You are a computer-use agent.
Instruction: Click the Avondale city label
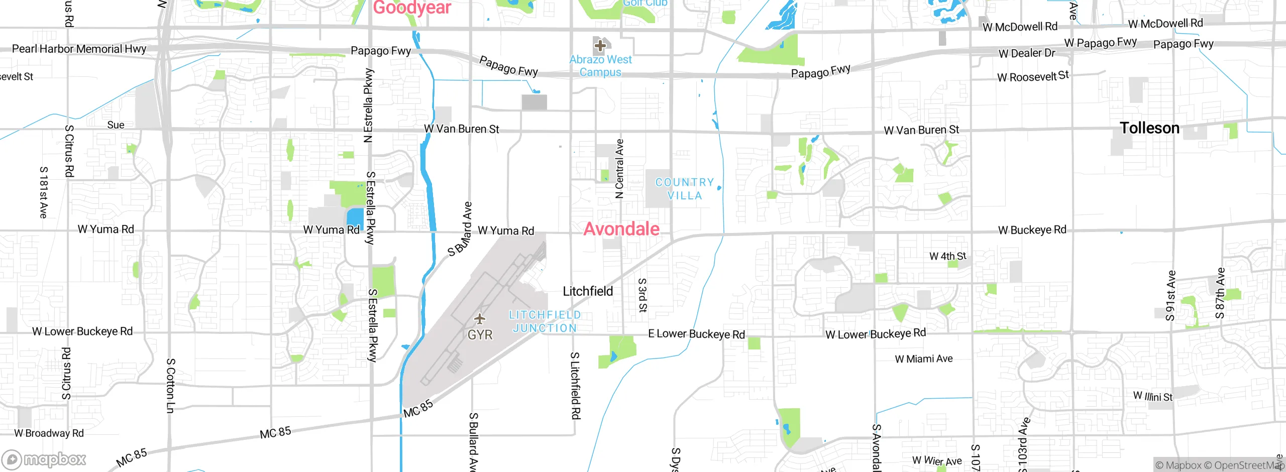click(x=621, y=229)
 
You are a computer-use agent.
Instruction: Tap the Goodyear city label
click(x=412, y=8)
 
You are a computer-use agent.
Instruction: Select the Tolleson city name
click(x=1149, y=128)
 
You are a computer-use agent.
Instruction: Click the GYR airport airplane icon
click(x=480, y=319)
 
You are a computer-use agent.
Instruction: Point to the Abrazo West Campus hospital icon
click(x=600, y=46)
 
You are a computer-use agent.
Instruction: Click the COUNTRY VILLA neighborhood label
click(x=685, y=189)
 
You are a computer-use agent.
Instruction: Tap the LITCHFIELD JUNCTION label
click(x=545, y=321)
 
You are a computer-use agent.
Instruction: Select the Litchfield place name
click(x=588, y=291)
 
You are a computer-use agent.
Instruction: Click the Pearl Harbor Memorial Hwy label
click(x=79, y=49)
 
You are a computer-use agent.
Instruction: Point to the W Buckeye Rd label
click(x=1032, y=230)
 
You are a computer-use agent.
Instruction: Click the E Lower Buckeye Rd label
click(x=696, y=334)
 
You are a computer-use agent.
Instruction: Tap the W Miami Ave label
click(x=924, y=359)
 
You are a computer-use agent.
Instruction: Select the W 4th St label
click(x=947, y=257)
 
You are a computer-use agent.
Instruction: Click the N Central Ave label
click(x=620, y=169)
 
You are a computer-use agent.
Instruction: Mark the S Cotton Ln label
click(x=170, y=386)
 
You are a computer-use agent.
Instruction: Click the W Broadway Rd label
click(x=49, y=433)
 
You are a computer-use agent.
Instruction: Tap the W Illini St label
click(x=1152, y=396)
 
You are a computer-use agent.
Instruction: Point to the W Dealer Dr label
click(x=1027, y=53)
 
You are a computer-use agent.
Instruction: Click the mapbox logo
click(x=44, y=459)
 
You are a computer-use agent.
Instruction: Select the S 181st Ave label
click(x=44, y=192)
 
